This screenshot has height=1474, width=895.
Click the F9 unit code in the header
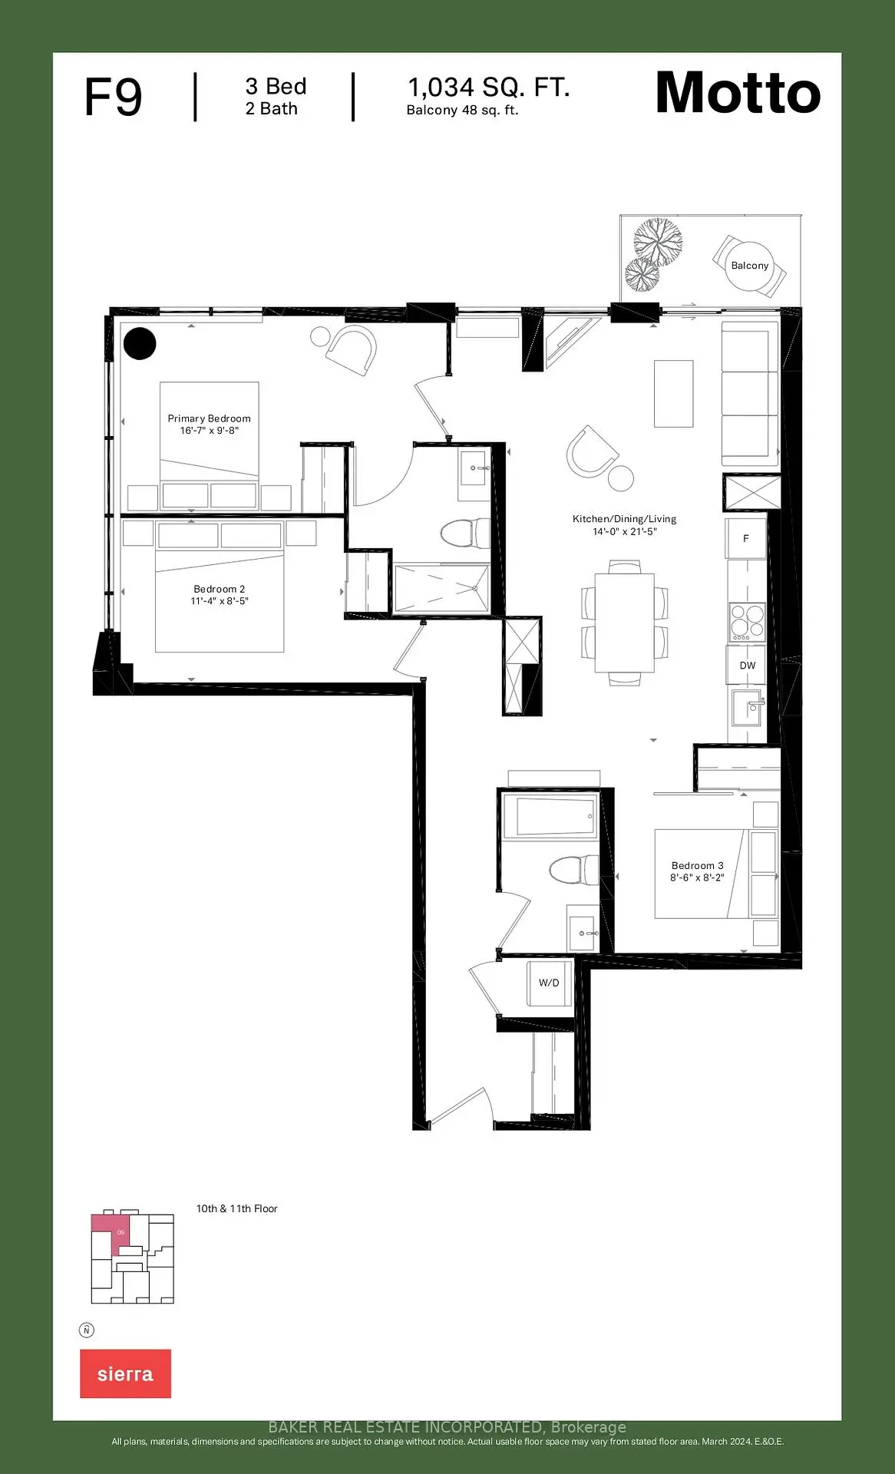tap(114, 97)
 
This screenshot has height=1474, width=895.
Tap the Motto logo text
tap(738, 93)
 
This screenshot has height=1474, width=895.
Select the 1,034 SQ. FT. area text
tap(489, 88)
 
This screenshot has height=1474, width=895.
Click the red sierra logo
tap(125, 1373)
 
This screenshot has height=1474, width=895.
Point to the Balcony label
tap(750, 266)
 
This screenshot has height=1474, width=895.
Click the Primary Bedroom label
tap(210, 418)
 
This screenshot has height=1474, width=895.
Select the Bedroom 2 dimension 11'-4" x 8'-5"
tap(220, 601)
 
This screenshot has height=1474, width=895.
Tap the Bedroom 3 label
tap(698, 865)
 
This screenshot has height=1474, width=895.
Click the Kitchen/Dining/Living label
tap(625, 519)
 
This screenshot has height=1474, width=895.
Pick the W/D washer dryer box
tap(549, 983)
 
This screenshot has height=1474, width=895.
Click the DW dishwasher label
tap(748, 666)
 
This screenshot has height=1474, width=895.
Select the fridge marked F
tap(746, 539)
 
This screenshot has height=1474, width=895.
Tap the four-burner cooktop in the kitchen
tap(747, 623)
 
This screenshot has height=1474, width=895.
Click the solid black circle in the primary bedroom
tap(140, 344)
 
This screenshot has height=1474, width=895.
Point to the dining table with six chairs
tap(625, 623)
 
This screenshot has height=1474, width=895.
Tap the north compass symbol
tap(87, 1330)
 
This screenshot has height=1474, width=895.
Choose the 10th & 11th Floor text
tap(237, 1208)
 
